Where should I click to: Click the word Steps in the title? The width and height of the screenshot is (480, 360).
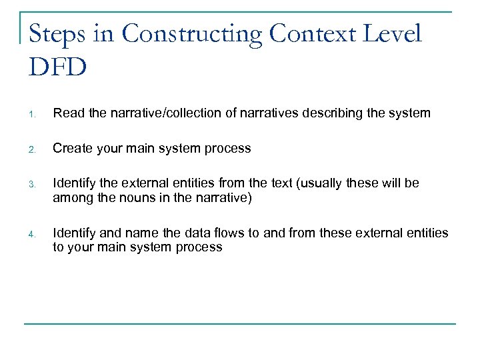(x=61, y=33)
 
